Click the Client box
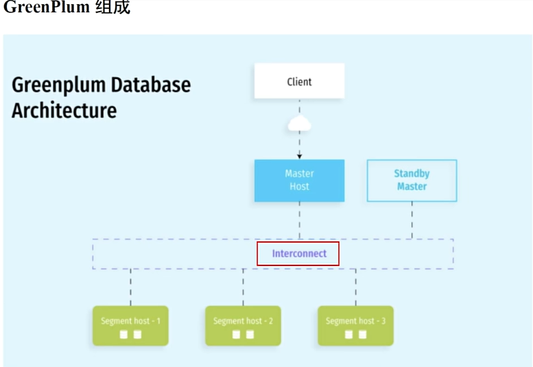pyautogui.click(x=299, y=81)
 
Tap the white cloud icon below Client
pyautogui.click(x=299, y=124)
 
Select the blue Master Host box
pyautogui.click(x=299, y=180)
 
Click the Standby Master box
pyautogui.click(x=412, y=180)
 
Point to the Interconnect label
pyautogui.click(x=299, y=254)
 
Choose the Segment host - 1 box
pyautogui.click(x=130, y=325)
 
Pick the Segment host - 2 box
pyautogui.click(x=243, y=325)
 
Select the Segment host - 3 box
pyautogui.click(x=355, y=325)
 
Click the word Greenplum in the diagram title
pyautogui.click(x=59, y=86)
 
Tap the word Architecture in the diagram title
pyautogui.click(x=64, y=110)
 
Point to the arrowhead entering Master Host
pyautogui.click(x=299, y=156)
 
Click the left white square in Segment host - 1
pyautogui.click(x=123, y=335)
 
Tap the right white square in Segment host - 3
pyautogui.click(x=362, y=335)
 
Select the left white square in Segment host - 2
pyautogui.click(x=236, y=335)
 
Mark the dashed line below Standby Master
pyautogui.click(x=412, y=220)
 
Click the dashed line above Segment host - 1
pyautogui.click(x=130, y=287)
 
